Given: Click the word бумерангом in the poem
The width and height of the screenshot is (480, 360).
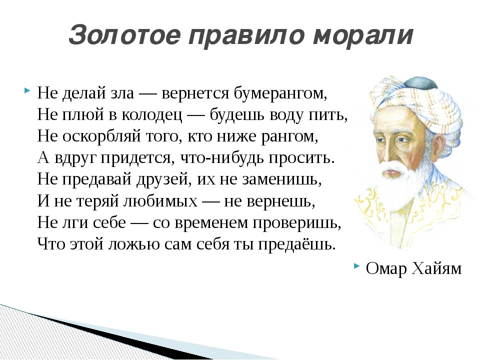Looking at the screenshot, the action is (x=280, y=93).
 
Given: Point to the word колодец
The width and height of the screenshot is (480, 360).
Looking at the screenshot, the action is (x=151, y=115).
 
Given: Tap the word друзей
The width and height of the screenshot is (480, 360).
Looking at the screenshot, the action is (x=161, y=179).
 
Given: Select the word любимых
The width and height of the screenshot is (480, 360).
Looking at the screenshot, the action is (x=160, y=201).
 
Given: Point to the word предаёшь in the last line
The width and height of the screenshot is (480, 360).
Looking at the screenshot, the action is (x=297, y=244).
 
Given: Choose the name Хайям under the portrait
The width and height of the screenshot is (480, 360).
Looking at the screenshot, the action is (x=436, y=268).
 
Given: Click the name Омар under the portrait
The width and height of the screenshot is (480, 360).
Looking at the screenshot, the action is (x=386, y=268).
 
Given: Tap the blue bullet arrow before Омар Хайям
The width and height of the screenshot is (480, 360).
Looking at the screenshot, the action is (x=356, y=265).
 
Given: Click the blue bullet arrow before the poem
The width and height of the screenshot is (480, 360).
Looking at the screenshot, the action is (x=27, y=90).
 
